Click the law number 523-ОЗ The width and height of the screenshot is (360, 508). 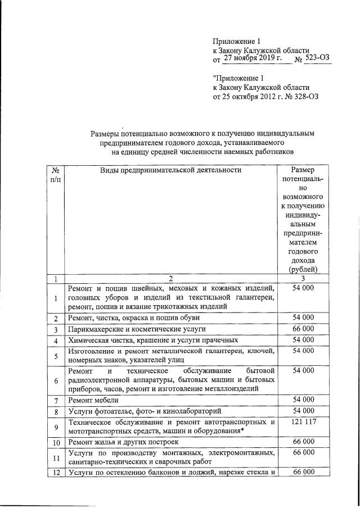coord(317,58)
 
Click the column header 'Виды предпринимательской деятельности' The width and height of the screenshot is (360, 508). coord(170,170)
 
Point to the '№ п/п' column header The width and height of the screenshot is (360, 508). coord(56,174)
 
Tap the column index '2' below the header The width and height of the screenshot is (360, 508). coord(170,278)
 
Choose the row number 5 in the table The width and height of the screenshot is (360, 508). coord(56,356)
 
